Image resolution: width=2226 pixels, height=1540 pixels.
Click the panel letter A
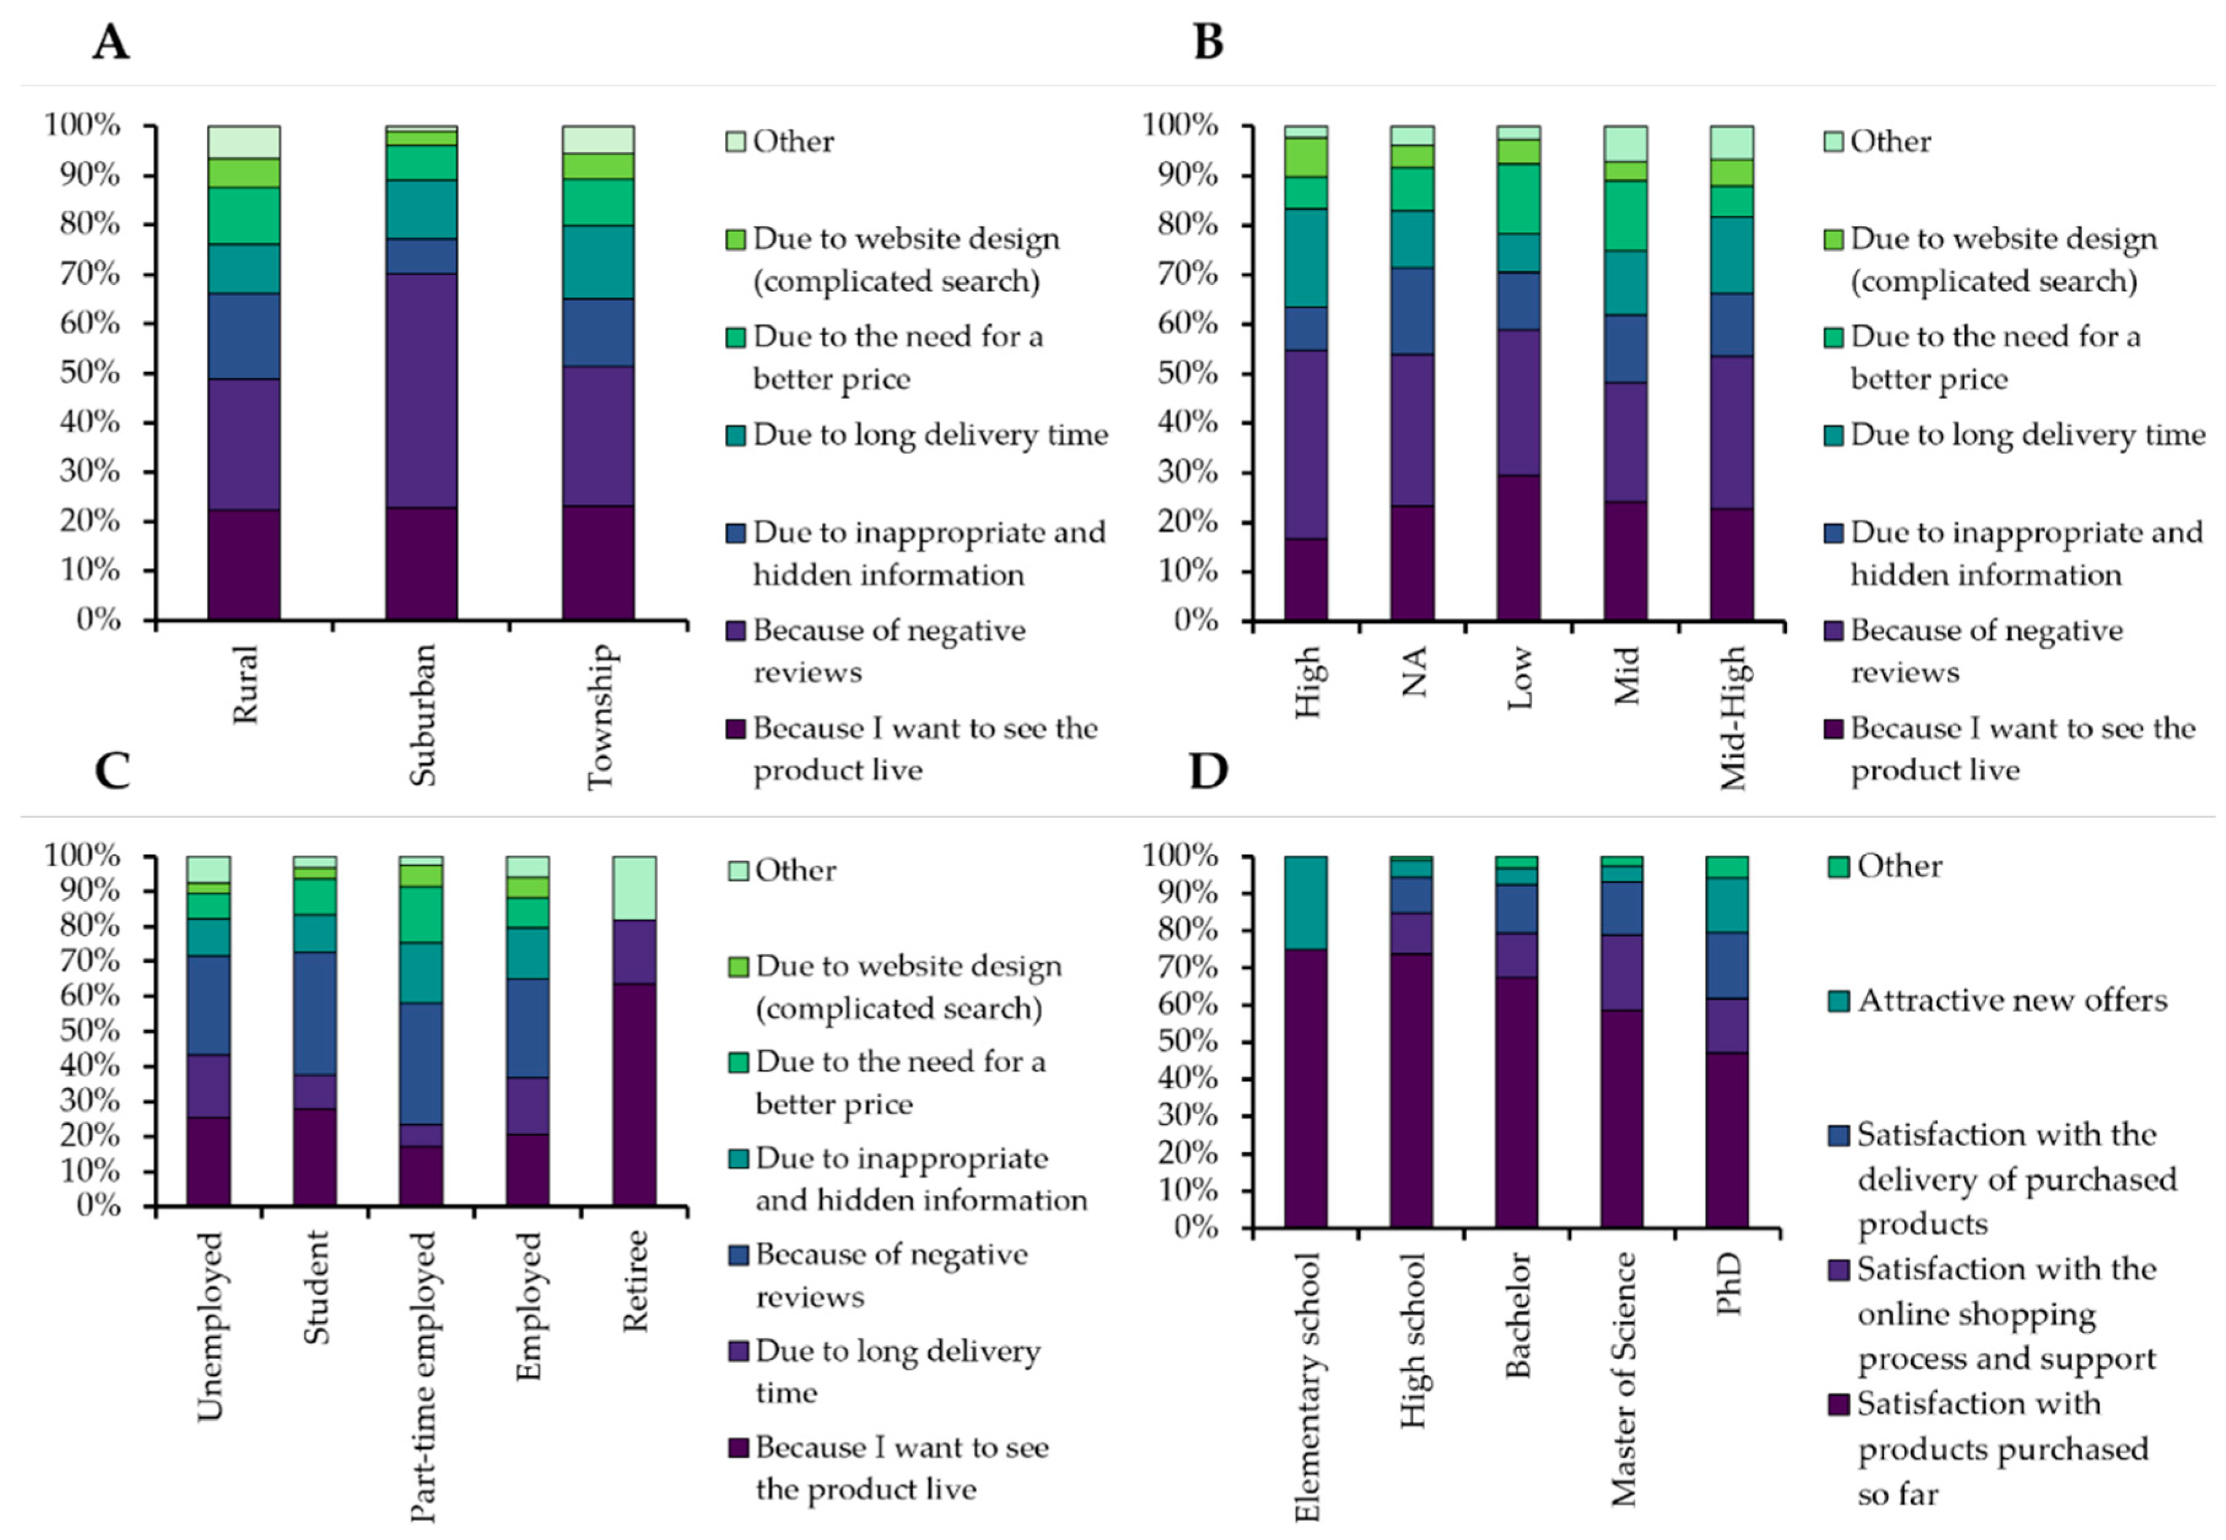111,42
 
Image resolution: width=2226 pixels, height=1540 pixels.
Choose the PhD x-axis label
1728,1283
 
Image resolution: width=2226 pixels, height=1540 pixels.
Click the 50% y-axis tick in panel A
91,373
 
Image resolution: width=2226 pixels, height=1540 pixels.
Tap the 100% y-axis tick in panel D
1179,855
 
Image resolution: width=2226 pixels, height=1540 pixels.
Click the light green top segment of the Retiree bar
634,888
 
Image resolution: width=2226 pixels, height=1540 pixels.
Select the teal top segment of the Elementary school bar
1305,902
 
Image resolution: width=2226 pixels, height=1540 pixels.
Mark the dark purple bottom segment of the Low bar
1519,546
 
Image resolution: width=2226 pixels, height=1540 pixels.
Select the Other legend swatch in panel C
737,870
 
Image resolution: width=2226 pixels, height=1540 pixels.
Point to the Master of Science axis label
1624,1379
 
